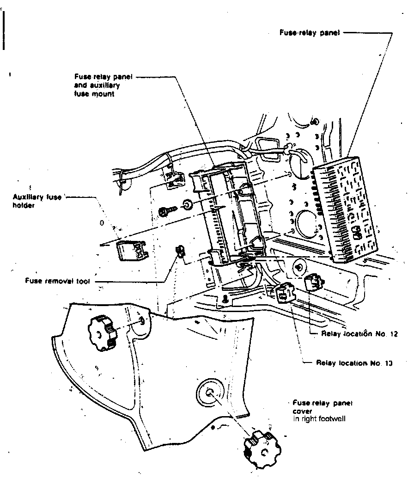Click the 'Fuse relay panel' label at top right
pos(310,33)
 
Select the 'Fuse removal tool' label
pos(57,281)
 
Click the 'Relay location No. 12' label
pos(359,333)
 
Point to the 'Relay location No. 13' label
pos(354,363)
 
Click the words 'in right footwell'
pos(319,419)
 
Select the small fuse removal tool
pos(180,252)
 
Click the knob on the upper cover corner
pos(102,330)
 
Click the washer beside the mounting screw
pos(187,204)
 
